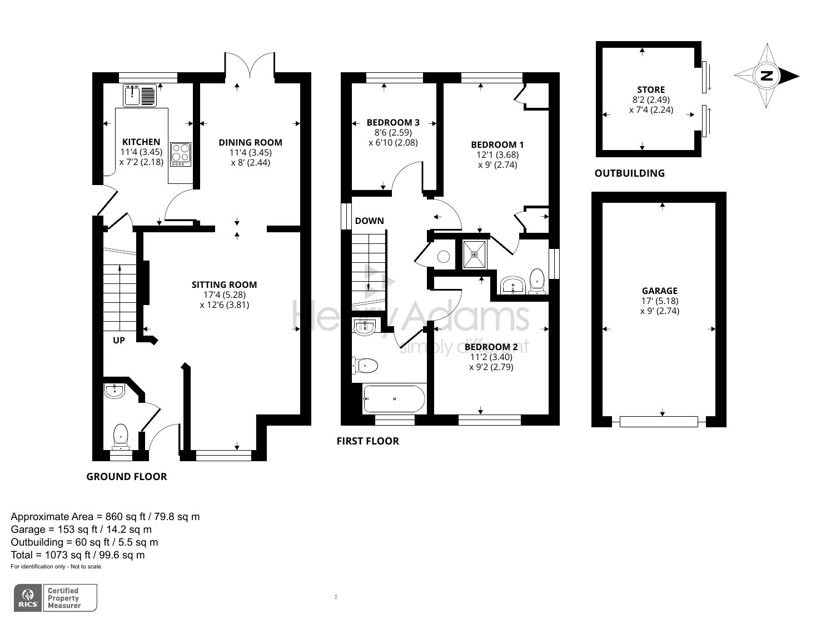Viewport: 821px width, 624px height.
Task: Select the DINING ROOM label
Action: coord(250,142)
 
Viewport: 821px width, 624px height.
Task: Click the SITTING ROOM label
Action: coord(224,284)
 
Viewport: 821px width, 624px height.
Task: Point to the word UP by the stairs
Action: coord(119,340)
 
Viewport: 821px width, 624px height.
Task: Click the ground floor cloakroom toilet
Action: coord(121,436)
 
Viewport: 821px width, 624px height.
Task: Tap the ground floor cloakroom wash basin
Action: coord(115,391)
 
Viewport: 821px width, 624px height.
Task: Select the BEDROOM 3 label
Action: coord(393,122)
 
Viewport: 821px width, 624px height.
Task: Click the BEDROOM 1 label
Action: coord(497,144)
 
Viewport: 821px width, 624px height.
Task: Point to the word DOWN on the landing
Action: coord(369,221)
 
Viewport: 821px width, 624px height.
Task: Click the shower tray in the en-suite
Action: coord(474,254)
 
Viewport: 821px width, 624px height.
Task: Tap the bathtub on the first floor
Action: coord(394,399)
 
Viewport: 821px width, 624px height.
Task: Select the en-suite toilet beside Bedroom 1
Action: coord(537,281)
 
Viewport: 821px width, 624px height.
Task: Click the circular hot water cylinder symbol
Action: coord(444,257)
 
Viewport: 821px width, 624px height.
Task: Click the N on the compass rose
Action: coord(767,76)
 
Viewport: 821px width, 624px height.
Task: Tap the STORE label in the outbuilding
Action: coord(651,89)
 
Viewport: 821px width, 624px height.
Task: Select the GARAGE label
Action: coord(659,291)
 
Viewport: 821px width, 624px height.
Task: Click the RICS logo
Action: coord(28,598)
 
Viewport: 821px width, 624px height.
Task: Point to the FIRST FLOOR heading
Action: coord(367,441)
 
